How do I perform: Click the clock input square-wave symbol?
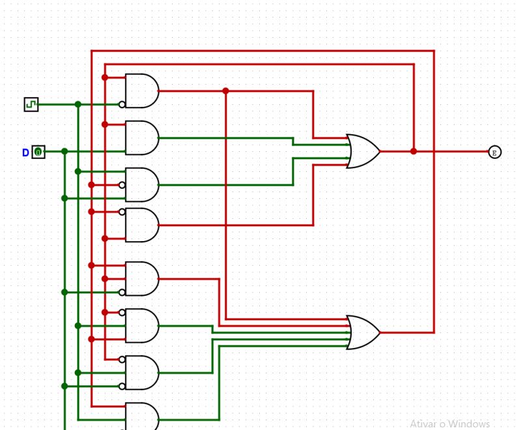coord(31,104)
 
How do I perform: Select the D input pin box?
coord(38,152)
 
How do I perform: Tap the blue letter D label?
coord(25,152)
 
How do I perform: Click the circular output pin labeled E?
coord(494,152)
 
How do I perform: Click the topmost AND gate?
coord(141,91)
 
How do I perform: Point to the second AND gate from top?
coord(141,137)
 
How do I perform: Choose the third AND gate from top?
coord(141,185)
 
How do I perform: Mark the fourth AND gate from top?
coord(141,225)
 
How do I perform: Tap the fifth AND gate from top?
coord(141,279)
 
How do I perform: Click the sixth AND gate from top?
coord(141,326)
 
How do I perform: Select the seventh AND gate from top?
coord(141,373)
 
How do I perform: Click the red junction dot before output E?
coord(414,151)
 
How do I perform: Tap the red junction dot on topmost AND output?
coord(225,91)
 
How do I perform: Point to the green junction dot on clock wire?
coord(77,104)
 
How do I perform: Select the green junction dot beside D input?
coord(64,151)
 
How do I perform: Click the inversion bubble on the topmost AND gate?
coord(122,104)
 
